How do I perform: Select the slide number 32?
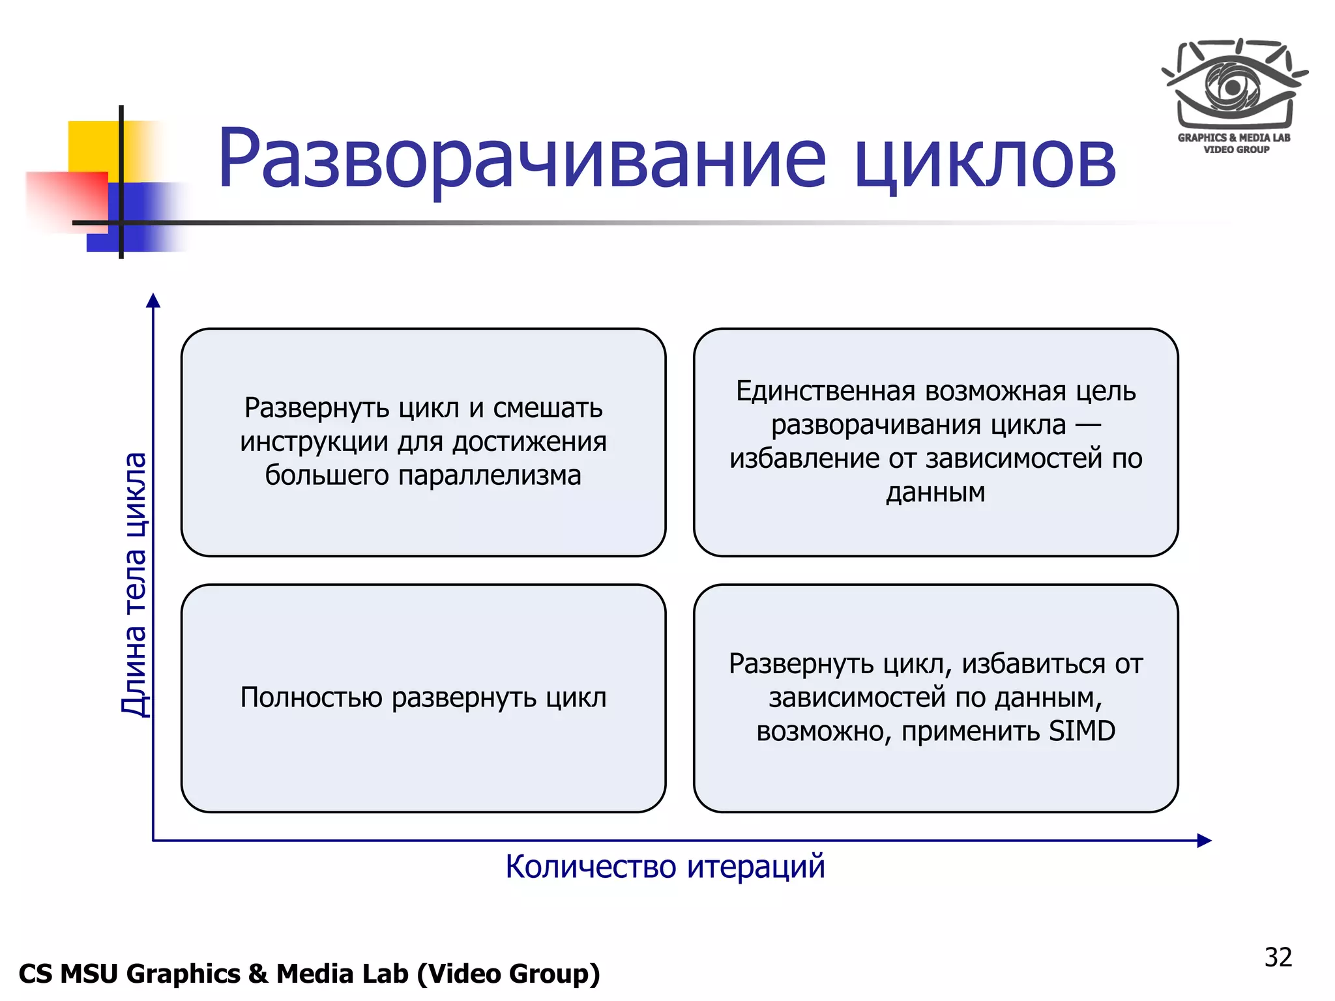[x=1278, y=957]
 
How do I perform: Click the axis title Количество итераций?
[x=665, y=867]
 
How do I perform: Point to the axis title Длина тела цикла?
[x=135, y=584]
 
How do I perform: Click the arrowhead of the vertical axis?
[x=153, y=300]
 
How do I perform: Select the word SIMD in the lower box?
[x=1082, y=731]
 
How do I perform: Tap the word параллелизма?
[x=489, y=475]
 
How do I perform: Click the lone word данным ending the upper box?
[x=935, y=492]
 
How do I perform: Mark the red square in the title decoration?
[x=68, y=199]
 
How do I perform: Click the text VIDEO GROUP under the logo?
[x=1236, y=150]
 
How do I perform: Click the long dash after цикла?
[x=1087, y=426]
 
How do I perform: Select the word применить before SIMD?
[x=971, y=731]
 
